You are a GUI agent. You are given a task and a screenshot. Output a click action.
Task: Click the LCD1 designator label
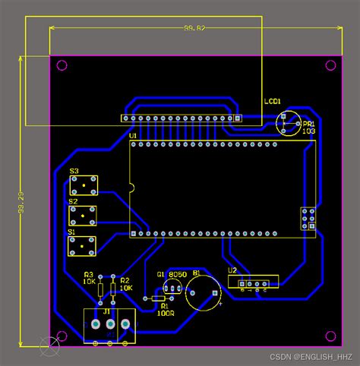[273, 101]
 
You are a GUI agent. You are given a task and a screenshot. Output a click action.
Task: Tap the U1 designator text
[133, 136]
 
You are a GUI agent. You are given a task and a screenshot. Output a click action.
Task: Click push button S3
[83, 185]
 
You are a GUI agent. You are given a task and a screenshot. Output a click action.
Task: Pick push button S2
[83, 215]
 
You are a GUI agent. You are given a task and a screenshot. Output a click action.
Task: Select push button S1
[83, 245]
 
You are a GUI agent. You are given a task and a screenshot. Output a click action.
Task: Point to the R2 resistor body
[113, 288]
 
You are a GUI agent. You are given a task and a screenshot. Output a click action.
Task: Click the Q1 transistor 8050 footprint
[172, 289]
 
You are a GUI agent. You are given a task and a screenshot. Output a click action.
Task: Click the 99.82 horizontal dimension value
[194, 28]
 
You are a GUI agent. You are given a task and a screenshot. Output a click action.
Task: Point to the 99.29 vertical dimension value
[21, 203]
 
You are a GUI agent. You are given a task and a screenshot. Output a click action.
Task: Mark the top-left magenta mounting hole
[62, 65]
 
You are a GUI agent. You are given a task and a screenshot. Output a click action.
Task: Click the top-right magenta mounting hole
[330, 65]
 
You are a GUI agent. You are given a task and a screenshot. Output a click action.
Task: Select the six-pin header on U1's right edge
[308, 217]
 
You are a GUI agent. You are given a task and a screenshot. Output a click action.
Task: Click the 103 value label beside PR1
[308, 131]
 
